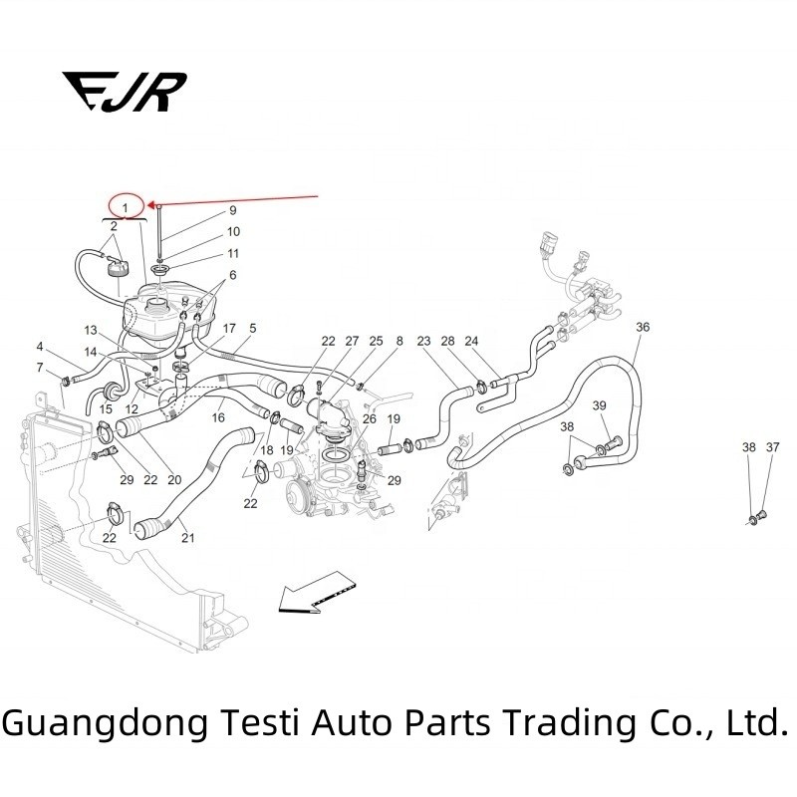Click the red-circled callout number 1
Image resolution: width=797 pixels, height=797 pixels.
tap(127, 206)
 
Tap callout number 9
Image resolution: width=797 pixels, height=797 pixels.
tap(232, 211)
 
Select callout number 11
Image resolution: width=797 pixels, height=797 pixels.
tap(232, 253)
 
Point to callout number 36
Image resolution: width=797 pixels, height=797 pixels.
tap(643, 327)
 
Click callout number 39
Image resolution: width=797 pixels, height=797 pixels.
tap(600, 405)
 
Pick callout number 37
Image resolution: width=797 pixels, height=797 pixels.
tap(773, 448)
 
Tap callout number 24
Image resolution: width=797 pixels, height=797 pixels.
tap(472, 341)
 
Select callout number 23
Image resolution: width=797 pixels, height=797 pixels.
tap(423, 341)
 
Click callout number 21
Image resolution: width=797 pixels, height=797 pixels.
tap(187, 538)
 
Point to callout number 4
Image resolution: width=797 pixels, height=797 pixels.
tap(40, 347)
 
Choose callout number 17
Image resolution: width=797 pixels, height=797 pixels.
tap(229, 328)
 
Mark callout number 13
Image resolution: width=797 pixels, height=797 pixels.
tap(90, 330)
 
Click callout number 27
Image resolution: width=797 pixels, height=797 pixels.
tap(352, 341)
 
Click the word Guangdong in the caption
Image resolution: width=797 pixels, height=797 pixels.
tap(102, 720)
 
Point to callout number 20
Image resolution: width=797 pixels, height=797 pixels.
tap(174, 479)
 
